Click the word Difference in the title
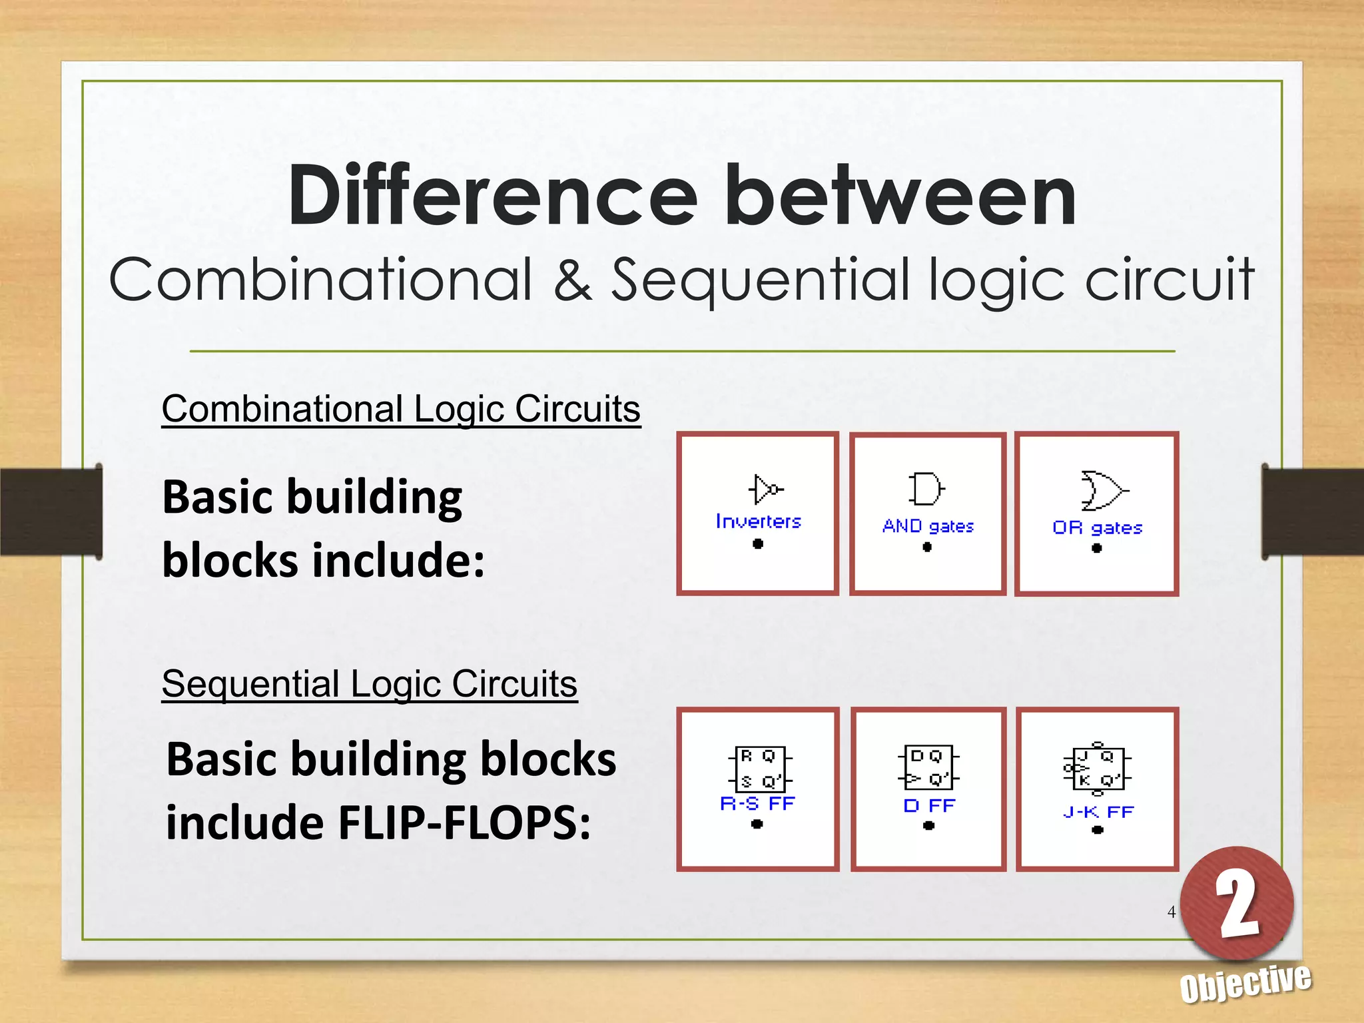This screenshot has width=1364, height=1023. pos(493,197)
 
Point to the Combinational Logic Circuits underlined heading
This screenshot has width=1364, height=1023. pos(401,409)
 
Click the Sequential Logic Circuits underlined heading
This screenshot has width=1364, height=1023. pos(369,684)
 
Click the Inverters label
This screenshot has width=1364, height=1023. pos(758,521)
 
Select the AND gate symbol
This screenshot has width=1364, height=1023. pos(926,490)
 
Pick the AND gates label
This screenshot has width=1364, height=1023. pos(928,526)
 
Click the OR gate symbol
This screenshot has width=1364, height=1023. pos(1102,490)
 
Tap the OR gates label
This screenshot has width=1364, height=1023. pos(1097,528)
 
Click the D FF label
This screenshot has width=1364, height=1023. pos(929,806)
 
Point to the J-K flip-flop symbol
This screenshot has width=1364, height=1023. pos(1098,769)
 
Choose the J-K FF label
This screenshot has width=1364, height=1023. pos(1098,812)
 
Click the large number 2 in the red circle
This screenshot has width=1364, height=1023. pos(1237,904)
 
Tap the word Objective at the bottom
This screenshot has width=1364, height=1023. pos(1245,983)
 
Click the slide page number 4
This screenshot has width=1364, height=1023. pos(1172,912)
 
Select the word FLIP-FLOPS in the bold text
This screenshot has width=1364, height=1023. pos(464,823)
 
